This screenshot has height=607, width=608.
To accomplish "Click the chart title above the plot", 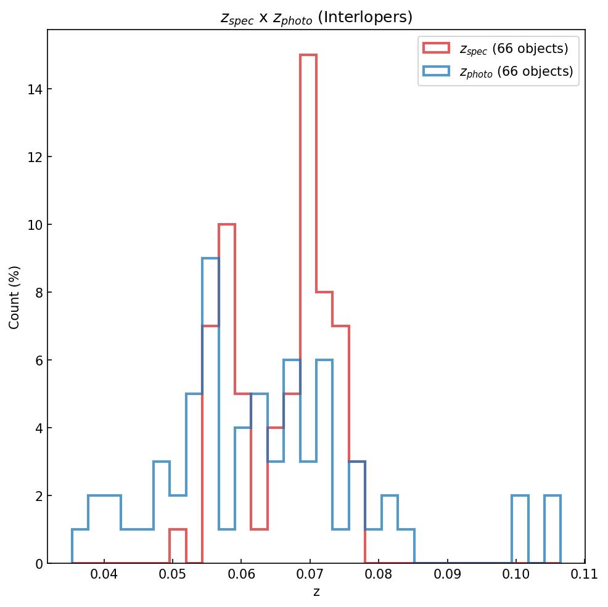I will click(x=316, y=17).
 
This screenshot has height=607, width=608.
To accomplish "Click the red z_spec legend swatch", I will click(x=436, y=47).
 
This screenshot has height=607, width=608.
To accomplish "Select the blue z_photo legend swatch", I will click(x=436, y=71).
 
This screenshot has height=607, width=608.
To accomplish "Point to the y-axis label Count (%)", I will click(x=14, y=297).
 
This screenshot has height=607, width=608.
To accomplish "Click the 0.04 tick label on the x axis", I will click(x=104, y=575).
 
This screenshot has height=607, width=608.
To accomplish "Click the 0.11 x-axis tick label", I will click(x=584, y=575).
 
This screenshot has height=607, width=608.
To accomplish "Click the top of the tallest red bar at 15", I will click(x=308, y=55).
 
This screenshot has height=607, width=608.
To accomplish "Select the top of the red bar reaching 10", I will click(x=227, y=225).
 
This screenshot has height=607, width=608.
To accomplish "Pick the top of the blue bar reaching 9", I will click(x=210, y=259).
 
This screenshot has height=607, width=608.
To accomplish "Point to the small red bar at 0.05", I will click(x=178, y=546).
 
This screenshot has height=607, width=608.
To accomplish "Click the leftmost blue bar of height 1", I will click(x=80, y=546).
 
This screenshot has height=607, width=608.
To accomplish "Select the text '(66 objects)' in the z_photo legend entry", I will click(x=535, y=71).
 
